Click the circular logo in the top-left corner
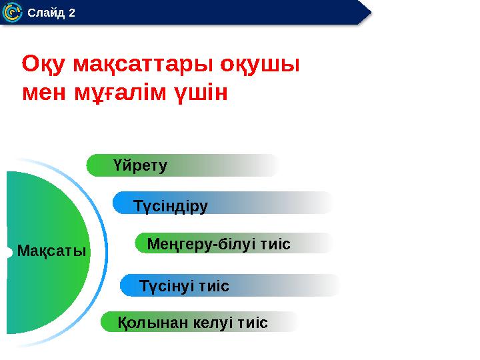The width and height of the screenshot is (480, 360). [x=12, y=13]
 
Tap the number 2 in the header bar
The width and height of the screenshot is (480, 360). [x=71, y=13]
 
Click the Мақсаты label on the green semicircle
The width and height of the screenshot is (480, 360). [x=52, y=251]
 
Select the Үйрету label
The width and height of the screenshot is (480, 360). [x=140, y=165]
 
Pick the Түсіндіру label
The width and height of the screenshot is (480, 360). [x=171, y=205]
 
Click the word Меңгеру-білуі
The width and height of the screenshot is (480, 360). [x=203, y=244]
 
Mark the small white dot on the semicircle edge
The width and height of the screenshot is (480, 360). [x=7, y=252]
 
